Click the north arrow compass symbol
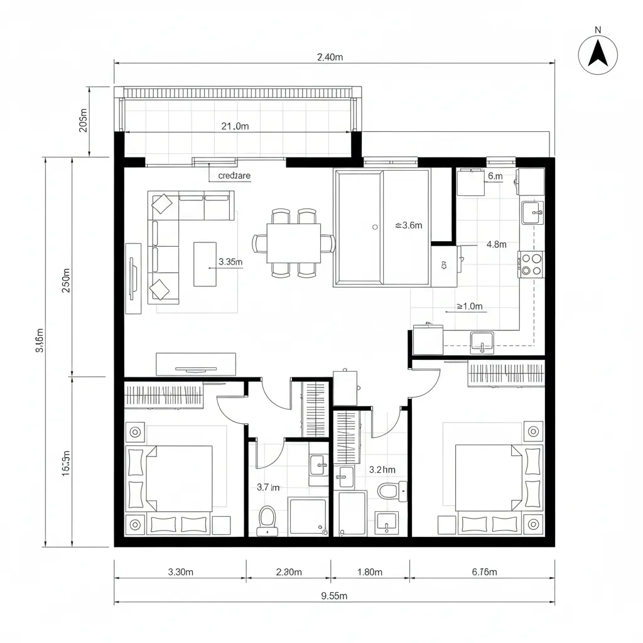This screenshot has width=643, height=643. coord(598,54)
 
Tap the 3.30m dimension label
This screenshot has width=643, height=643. coord(181,571)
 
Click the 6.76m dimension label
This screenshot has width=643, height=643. coord(484,571)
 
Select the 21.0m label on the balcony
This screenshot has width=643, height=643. coord(235,126)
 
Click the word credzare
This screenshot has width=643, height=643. coord(234,176)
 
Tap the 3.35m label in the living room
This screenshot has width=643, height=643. coord(230,262)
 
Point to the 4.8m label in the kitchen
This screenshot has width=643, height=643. coord(496,245)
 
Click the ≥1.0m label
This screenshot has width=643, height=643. coord(469,306)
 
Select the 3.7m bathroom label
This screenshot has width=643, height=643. coord(268,487)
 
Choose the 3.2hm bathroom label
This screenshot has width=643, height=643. coord(382,469)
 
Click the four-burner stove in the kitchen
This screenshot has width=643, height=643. coord(531,264)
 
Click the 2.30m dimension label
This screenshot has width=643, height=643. coord(289,571)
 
